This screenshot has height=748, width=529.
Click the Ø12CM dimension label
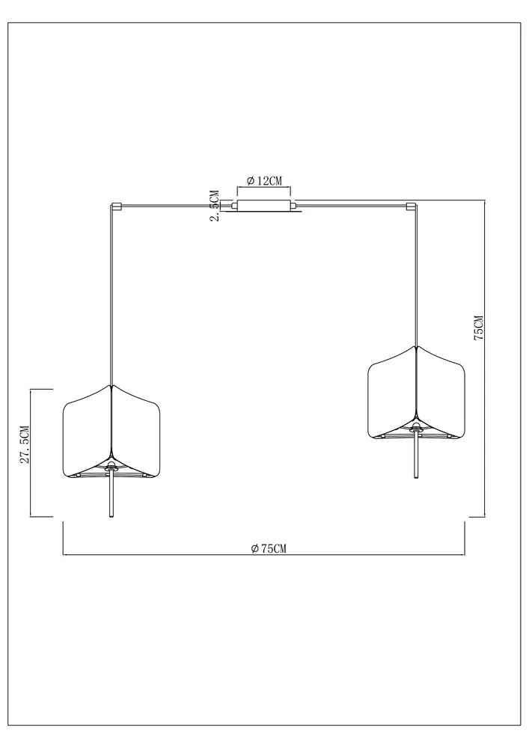(264, 181)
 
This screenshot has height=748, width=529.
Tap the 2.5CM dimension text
(214, 206)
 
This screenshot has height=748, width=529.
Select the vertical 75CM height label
(478, 328)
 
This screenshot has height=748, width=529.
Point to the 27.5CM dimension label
(25, 444)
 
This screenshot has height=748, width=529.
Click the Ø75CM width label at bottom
(269, 548)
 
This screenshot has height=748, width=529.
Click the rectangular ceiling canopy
(264, 206)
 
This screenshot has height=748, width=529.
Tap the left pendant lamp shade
(111, 431)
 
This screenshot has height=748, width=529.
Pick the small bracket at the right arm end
(412, 207)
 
